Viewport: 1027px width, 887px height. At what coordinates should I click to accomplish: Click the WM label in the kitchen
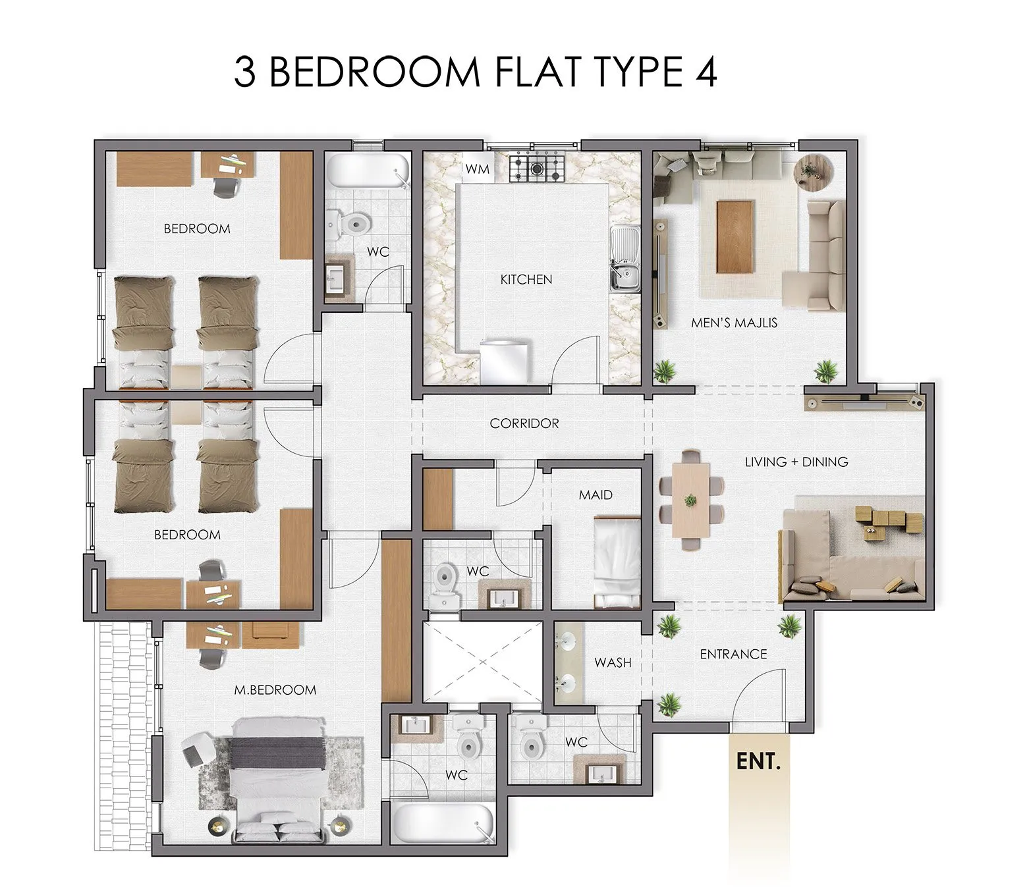tap(478, 169)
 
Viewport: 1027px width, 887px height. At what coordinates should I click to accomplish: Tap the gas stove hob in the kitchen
tap(537, 169)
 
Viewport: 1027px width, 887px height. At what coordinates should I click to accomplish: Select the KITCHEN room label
tap(526, 280)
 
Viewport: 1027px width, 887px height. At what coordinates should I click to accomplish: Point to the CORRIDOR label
tap(524, 423)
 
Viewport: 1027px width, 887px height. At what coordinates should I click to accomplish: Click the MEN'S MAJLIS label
tap(734, 323)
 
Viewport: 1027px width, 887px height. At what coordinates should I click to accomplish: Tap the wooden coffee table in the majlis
tap(736, 236)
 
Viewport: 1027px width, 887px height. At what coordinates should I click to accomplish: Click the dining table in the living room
tap(690, 500)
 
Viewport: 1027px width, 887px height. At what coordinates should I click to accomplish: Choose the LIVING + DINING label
tap(796, 462)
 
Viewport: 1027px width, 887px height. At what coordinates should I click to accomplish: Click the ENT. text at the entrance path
tap(758, 761)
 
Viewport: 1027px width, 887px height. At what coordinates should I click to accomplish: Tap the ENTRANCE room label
tap(733, 654)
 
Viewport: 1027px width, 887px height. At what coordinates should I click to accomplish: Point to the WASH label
tap(613, 662)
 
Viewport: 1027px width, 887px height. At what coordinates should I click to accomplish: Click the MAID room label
tap(596, 495)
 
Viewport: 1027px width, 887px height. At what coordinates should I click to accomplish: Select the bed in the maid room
tap(617, 562)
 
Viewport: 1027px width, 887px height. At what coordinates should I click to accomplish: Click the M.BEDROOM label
tap(275, 690)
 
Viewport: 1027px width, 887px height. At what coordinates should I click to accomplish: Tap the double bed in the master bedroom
tap(278, 779)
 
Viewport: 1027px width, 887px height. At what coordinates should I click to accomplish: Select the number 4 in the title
tap(705, 72)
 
